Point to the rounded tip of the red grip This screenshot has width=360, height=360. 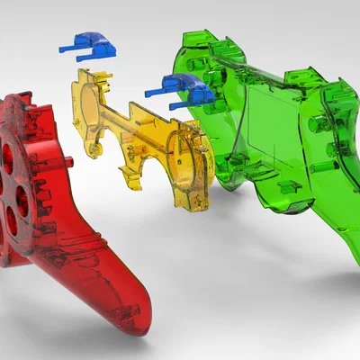click(135, 322)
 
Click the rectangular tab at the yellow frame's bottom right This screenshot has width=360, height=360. click(199, 200)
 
